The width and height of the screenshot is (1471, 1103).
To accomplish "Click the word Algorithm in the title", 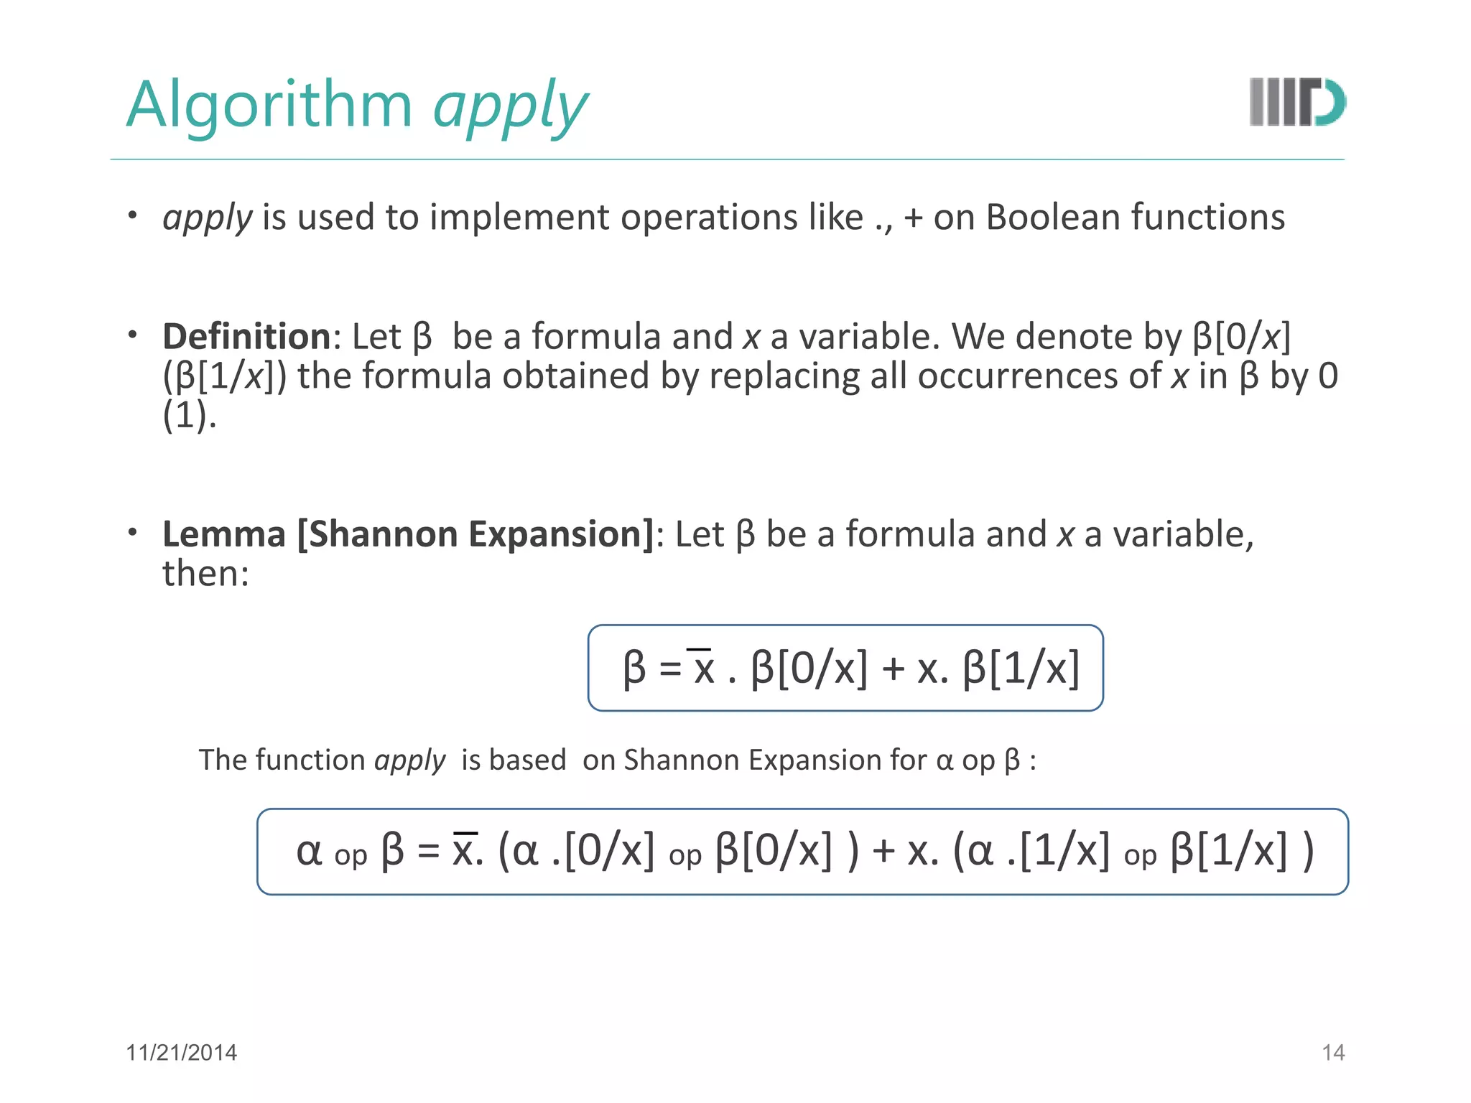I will (x=269, y=105).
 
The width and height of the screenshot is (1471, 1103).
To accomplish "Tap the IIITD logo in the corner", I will (x=1297, y=103).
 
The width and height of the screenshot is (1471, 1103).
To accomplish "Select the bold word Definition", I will (x=246, y=337).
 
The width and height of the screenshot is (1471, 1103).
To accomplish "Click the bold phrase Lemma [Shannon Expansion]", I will (x=408, y=534).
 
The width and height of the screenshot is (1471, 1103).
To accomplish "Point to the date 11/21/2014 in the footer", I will (x=181, y=1053).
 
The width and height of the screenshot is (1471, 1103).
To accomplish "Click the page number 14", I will (x=1333, y=1053).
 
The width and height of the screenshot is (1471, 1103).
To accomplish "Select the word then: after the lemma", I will (x=205, y=574).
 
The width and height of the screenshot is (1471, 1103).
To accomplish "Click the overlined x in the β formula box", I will (x=702, y=669).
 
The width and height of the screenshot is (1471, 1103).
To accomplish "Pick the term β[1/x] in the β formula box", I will (x=1021, y=669).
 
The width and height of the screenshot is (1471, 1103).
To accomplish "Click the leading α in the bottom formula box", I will (x=309, y=852).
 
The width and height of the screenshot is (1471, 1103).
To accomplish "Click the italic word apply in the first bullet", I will (x=207, y=218).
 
